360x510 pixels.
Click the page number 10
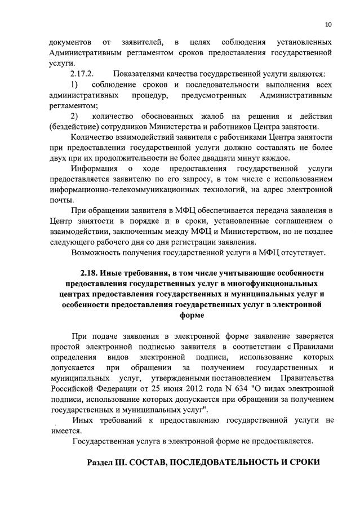(328, 24)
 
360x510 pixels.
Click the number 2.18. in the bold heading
(92, 273)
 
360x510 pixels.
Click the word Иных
(83, 420)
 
